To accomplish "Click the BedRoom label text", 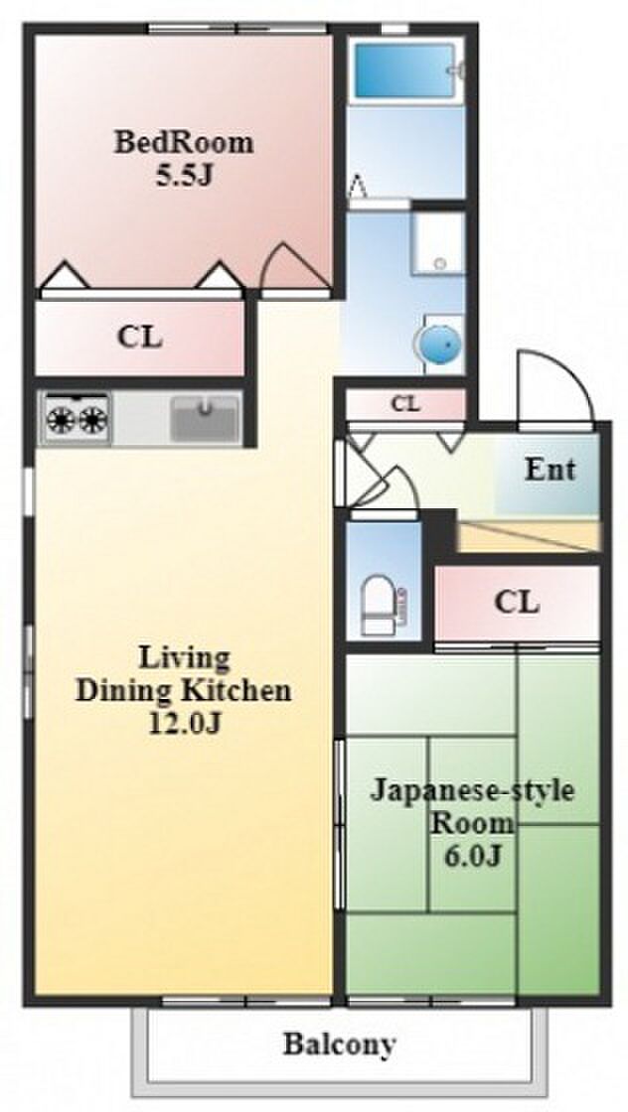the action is (x=184, y=143).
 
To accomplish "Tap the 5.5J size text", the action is (x=185, y=175).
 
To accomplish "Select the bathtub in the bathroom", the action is (x=405, y=70).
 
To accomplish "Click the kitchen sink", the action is (x=205, y=418).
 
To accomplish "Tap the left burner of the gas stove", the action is (x=61, y=421).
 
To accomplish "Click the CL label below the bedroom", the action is (x=140, y=338).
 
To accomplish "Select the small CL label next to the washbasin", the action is (x=405, y=404).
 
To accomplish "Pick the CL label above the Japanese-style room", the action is (x=517, y=602).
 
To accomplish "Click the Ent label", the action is (x=549, y=469).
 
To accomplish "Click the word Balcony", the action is (x=339, y=1043).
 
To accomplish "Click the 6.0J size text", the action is (x=473, y=856).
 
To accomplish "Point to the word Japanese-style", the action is (x=472, y=790).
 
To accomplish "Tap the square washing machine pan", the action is (x=439, y=242).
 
